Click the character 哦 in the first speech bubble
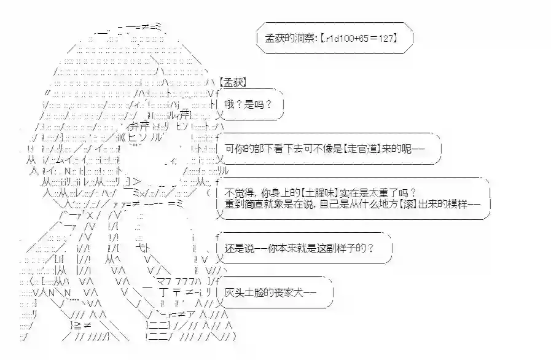[230, 105]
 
